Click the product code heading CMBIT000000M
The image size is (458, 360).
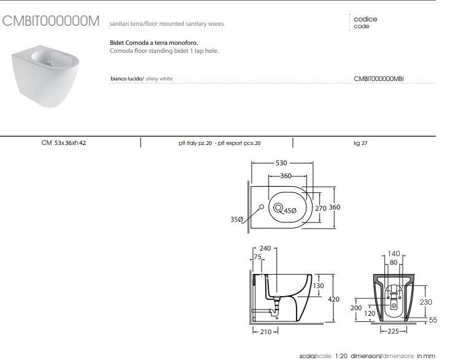coord(51,21)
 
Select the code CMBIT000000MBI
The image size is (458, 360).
coord(378,79)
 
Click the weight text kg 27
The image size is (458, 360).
coord(362,143)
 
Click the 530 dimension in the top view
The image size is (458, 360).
coord(281,164)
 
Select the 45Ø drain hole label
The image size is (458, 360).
coord(290,211)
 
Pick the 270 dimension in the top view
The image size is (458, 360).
coord(320,208)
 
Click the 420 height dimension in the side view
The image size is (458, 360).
coord(334,299)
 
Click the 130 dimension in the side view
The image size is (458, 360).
coord(319,286)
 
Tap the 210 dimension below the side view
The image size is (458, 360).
coord(265,332)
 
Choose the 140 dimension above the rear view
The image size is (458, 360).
coord(394,253)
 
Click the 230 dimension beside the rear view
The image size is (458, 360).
coord(426,302)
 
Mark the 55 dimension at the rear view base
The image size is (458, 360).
coord(432,320)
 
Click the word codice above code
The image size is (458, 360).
coord(365,19)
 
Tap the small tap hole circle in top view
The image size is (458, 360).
coord(261,208)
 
